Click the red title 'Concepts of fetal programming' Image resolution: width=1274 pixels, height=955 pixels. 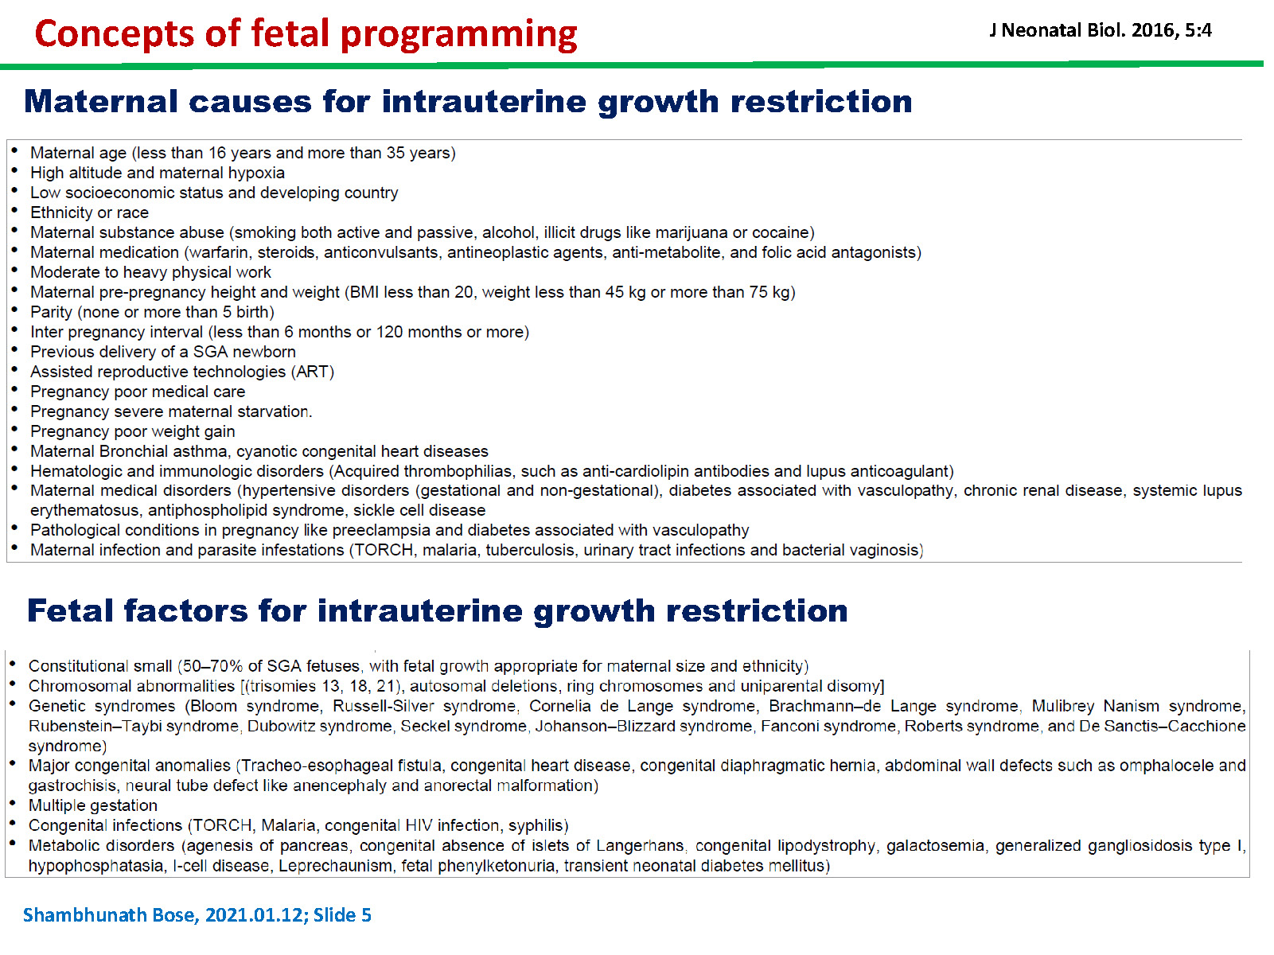306,33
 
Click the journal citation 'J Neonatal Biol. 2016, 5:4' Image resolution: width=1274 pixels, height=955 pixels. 1101,30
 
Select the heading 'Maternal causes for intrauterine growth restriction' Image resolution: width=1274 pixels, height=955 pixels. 468,102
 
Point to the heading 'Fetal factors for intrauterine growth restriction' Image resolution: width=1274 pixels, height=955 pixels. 438,611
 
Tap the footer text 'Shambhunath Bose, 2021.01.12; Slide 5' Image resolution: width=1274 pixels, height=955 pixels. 197,915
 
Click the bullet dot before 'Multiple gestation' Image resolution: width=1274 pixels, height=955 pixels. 12,803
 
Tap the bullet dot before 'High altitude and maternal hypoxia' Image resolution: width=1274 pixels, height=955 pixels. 14,170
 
